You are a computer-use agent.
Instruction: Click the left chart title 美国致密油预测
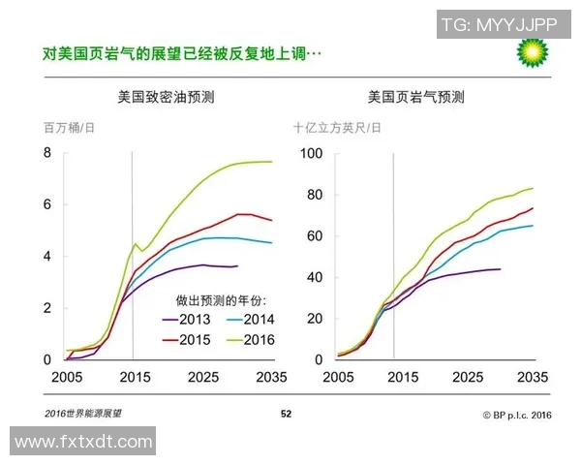click(166, 98)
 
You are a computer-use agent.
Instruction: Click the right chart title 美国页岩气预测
click(415, 98)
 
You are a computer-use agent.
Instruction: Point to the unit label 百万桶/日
click(69, 128)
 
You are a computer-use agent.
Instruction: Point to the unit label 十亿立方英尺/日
click(337, 128)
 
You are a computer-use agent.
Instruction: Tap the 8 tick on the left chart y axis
click(46, 153)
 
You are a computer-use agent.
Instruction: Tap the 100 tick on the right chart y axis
click(310, 153)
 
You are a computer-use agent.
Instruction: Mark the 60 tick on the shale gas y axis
click(314, 235)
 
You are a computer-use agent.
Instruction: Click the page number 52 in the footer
click(287, 414)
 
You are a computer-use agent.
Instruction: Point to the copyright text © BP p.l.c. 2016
click(516, 414)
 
